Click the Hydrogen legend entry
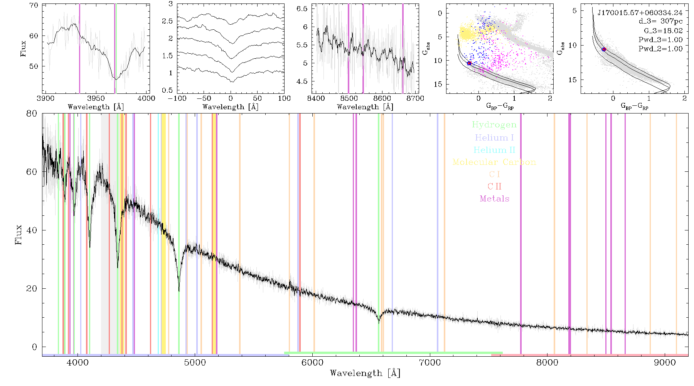(494, 125)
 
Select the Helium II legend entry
(494, 150)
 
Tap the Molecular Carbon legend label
(494, 162)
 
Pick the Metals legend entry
(495, 198)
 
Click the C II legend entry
(495, 186)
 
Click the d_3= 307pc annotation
(660, 22)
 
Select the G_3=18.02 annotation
(663, 31)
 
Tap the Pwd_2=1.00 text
(660, 49)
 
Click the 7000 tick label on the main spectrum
(430, 362)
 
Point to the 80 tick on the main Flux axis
(32, 113)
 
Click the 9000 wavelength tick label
(665, 362)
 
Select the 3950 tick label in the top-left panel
(96, 98)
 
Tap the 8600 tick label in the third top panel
(382, 98)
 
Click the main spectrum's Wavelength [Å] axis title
(365, 373)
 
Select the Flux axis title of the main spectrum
(18, 235)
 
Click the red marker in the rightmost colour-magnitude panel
(604, 49)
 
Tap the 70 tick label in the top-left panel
(34, 5)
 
